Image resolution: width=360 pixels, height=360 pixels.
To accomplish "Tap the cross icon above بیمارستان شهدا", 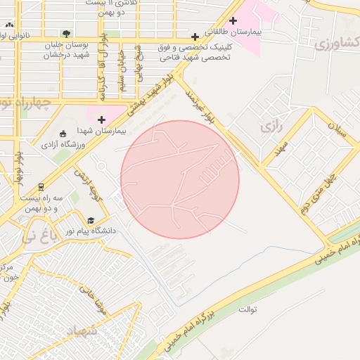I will coord(102,120).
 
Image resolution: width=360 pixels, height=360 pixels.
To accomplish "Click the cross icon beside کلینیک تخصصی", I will coord(195,36).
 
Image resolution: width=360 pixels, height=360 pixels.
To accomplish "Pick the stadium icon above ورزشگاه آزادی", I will coord(63,134).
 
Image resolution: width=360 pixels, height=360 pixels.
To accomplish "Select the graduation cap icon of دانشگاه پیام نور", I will coord(90,220).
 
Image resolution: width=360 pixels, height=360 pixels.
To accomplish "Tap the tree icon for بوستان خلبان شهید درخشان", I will coord(66,33).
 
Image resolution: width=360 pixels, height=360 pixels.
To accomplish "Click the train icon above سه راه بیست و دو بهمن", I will coord(41,186).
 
